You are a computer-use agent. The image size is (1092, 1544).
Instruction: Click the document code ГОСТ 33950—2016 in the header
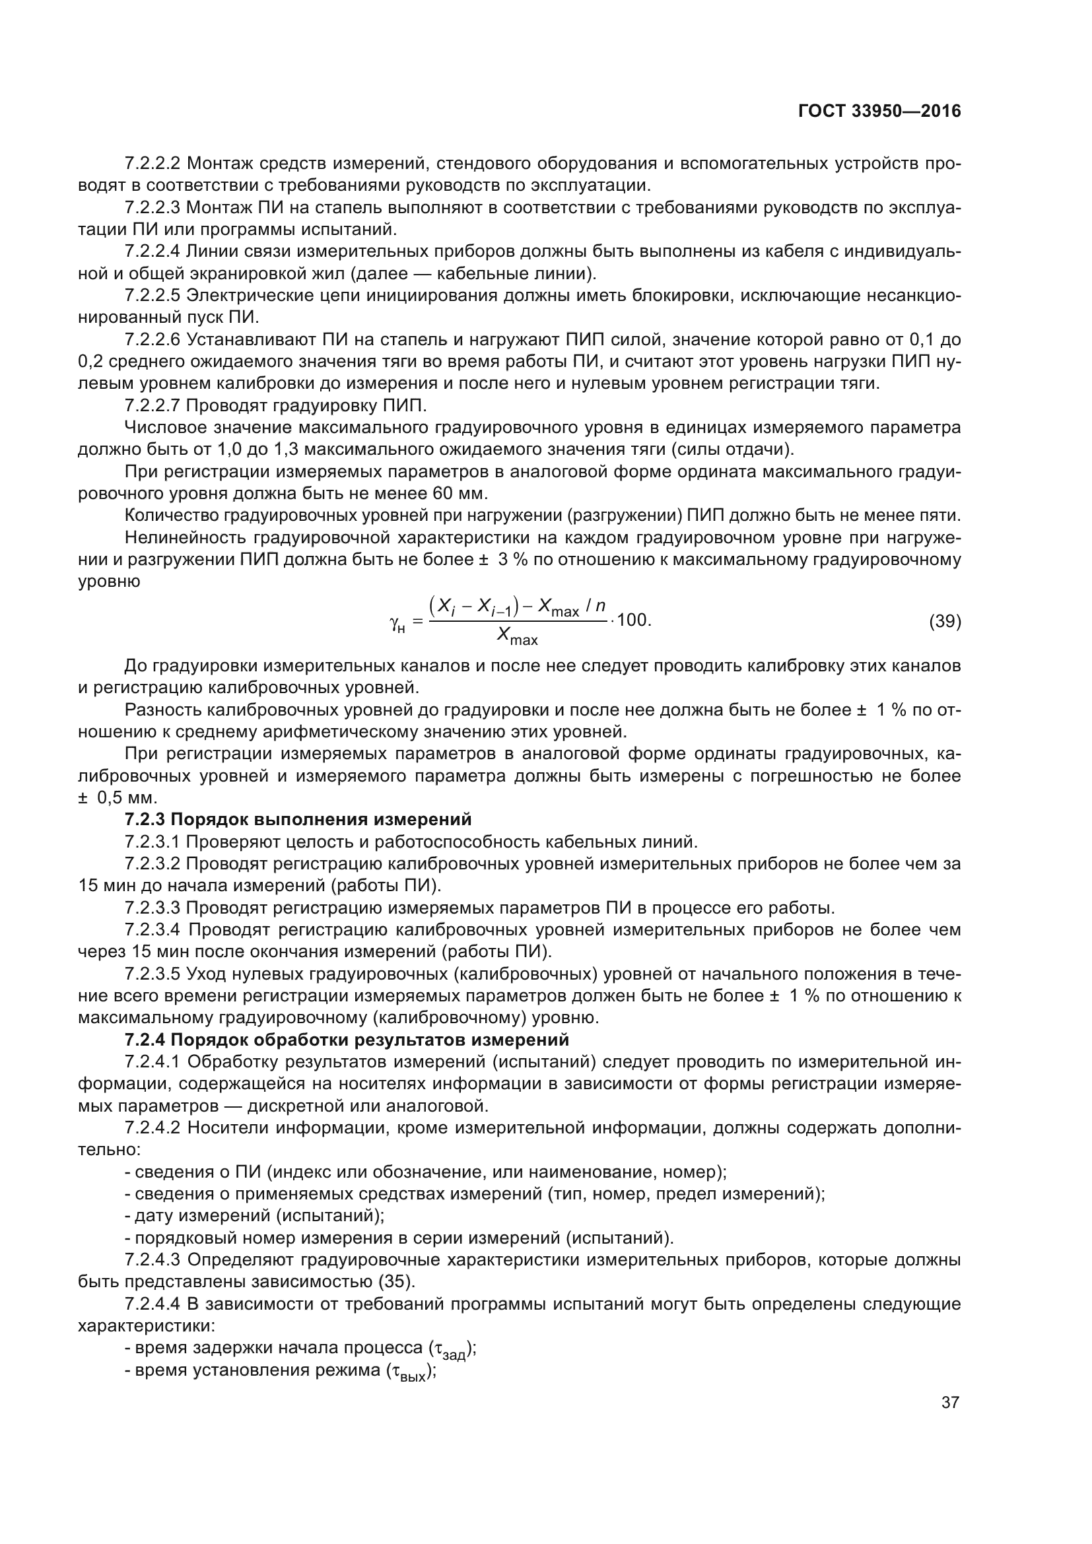click(879, 111)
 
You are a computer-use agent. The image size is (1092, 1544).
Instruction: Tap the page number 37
click(950, 1402)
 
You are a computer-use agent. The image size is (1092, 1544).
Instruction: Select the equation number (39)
click(945, 621)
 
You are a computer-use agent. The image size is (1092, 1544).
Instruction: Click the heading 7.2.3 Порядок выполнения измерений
click(298, 819)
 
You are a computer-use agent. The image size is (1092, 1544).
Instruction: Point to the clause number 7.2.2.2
click(152, 163)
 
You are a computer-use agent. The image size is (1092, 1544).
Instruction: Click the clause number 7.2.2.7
click(152, 405)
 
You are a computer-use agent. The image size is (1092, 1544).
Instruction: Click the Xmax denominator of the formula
click(517, 636)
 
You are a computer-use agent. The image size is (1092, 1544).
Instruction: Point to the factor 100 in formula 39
click(632, 619)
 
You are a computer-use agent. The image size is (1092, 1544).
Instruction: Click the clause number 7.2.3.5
click(152, 974)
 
